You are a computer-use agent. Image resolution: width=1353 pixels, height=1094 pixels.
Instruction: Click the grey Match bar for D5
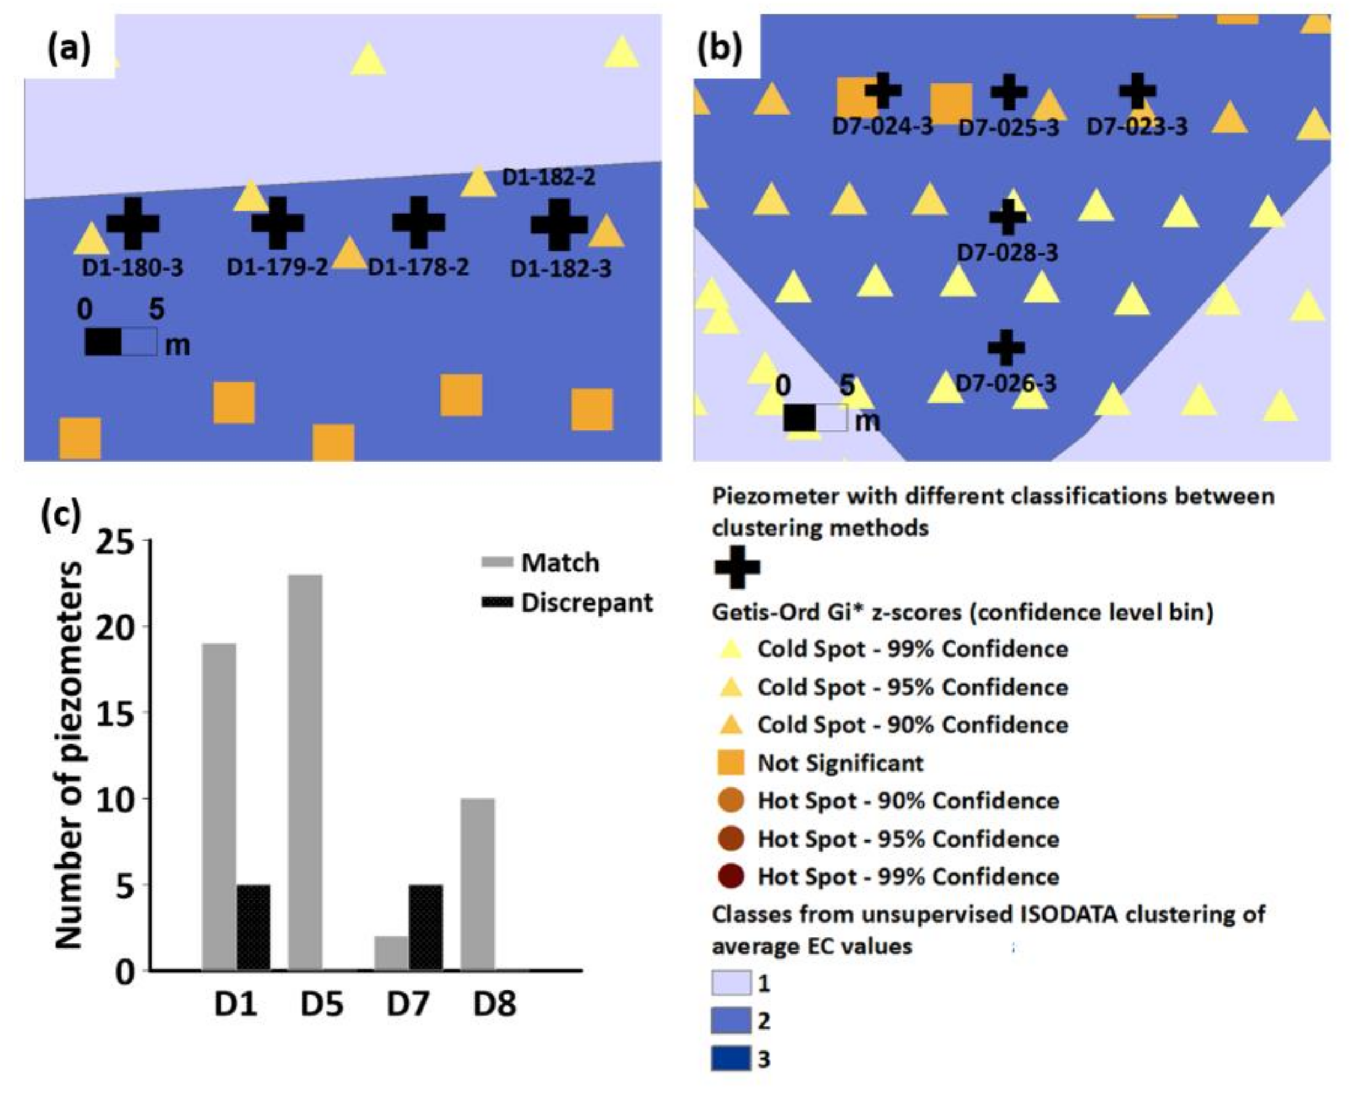click(x=305, y=773)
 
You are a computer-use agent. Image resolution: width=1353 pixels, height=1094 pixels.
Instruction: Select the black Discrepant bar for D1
click(x=253, y=927)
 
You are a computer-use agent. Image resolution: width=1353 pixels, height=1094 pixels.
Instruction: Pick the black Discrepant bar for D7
click(x=425, y=927)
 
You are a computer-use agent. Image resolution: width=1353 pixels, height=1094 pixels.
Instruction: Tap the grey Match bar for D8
click(x=477, y=885)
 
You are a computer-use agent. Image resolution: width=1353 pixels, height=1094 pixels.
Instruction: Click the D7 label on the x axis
click(x=408, y=1005)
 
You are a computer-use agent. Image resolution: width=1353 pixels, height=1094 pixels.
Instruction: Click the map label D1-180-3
click(x=132, y=269)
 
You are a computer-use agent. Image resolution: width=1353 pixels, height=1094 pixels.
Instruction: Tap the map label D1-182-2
click(x=548, y=178)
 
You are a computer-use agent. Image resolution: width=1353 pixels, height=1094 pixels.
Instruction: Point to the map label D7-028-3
click(x=1008, y=253)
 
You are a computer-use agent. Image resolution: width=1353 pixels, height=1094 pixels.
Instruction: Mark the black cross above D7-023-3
click(x=1137, y=92)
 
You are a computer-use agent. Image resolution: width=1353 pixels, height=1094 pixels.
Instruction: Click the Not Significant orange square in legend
click(x=731, y=763)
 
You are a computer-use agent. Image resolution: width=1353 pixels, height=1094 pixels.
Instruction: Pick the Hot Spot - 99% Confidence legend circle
click(x=731, y=877)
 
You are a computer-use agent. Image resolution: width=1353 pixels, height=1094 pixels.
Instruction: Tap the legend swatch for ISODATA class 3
click(x=731, y=1059)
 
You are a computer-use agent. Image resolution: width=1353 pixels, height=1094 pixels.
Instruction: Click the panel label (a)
click(x=70, y=49)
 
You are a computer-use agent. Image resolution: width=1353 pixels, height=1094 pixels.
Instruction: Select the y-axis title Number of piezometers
click(x=70, y=756)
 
